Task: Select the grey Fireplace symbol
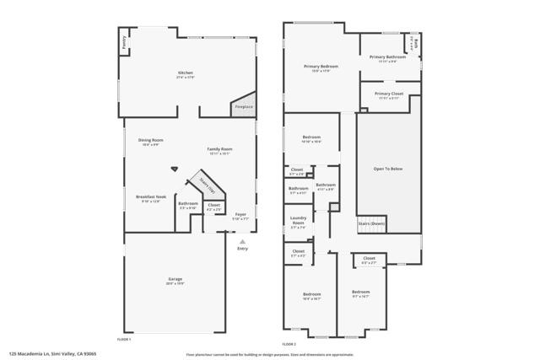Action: [244, 105]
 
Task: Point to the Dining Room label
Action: [151, 142]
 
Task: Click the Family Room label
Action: [220, 151]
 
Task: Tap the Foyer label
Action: [240, 217]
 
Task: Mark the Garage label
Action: [175, 282]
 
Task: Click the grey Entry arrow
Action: [243, 242]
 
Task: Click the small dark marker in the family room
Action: [175, 168]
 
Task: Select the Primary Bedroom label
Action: [321, 67]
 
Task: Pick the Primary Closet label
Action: [388, 95]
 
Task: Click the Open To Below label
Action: [388, 169]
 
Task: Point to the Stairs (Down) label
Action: [371, 223]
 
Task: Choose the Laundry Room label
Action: [298, 223]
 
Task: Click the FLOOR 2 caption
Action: [289, 344]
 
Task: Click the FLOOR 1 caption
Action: [124, 338]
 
